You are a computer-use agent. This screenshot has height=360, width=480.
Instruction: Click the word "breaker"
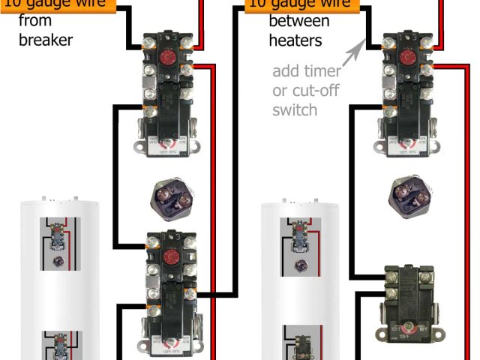click(45, 39)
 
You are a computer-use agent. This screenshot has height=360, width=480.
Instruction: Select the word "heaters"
click(295, 39)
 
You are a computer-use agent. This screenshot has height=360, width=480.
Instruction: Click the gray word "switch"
click(295, 109)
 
